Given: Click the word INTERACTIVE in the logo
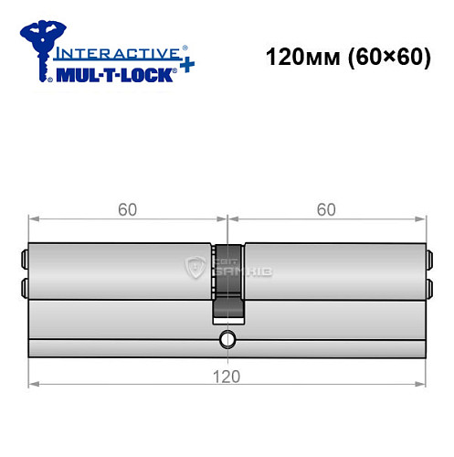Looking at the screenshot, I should pos(117,54).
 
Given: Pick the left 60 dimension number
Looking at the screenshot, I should pos(127,209).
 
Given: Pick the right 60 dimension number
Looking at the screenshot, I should pos(326,209).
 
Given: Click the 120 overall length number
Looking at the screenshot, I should pos(227,376).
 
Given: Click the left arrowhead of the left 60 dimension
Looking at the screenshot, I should pos(35,219).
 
